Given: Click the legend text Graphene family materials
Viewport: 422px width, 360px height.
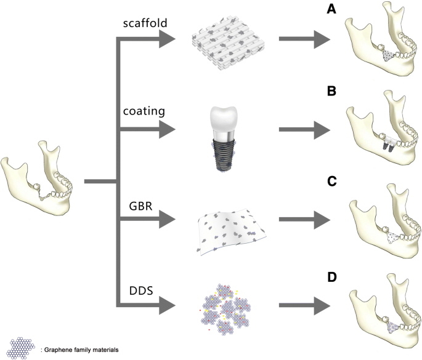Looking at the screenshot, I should pos(80,349).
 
